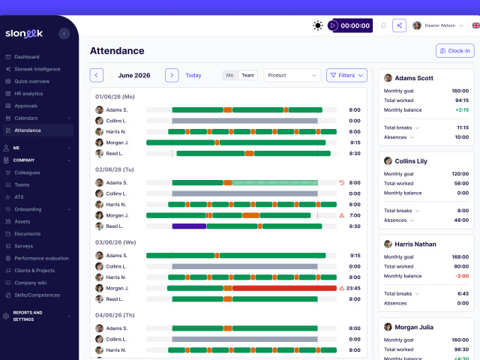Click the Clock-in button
455,51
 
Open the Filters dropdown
346,75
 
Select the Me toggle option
230,75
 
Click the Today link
193,75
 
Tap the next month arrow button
172,75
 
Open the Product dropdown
292,75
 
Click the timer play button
333,25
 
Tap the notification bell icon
383,25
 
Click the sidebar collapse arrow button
64,34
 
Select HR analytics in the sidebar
28,94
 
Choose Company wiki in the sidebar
30,283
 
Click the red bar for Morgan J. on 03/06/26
284,288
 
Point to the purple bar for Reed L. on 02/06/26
189,226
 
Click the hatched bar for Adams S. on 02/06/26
275,183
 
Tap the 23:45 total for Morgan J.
353,288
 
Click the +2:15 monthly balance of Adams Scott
462,110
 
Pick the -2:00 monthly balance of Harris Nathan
462,276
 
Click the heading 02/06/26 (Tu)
115,169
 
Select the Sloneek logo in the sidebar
24,33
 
